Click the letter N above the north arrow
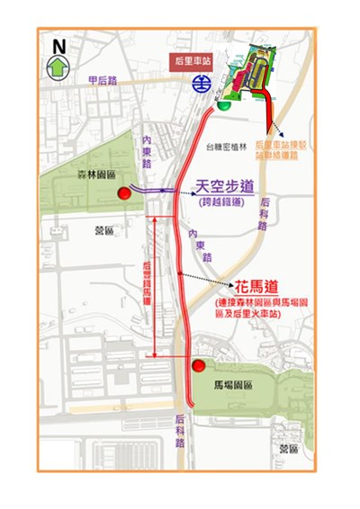tap(58, 43)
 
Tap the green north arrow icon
tap(58, 65)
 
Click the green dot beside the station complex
tap(224, 103)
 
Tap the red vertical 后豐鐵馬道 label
tap(148, 285)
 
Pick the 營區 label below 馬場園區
tap(288, 448)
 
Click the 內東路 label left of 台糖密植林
tap(148, 151)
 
